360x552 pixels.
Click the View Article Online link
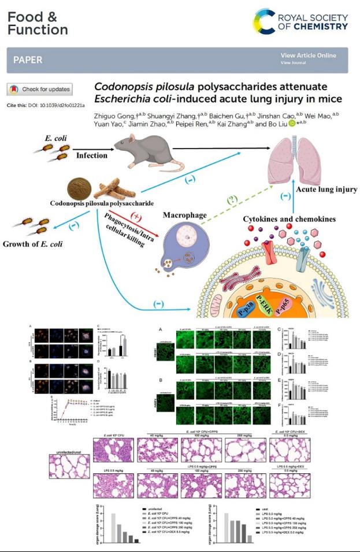click(x=308, y=55)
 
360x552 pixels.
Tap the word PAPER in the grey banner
click(x=28, y=60)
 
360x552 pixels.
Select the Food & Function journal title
click(x=38, y=23)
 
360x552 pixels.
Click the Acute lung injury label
click(x=326, y=189)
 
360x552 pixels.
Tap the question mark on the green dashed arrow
click(x=231, y=201)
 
